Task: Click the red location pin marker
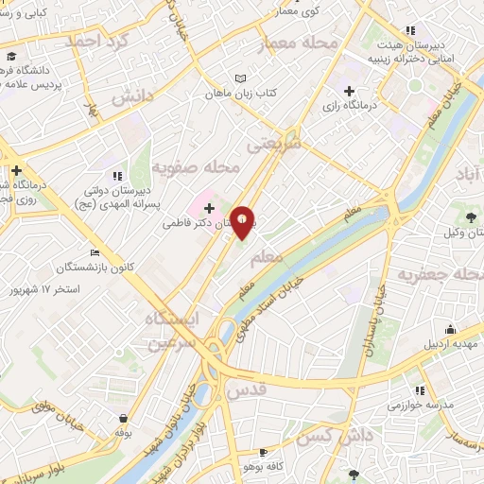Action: (243, 222)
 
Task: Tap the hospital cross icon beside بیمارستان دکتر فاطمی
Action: (209, 207)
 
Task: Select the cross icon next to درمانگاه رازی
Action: (350, 91)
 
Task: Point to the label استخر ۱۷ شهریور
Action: (43, 287)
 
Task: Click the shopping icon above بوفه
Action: (123, 418)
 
